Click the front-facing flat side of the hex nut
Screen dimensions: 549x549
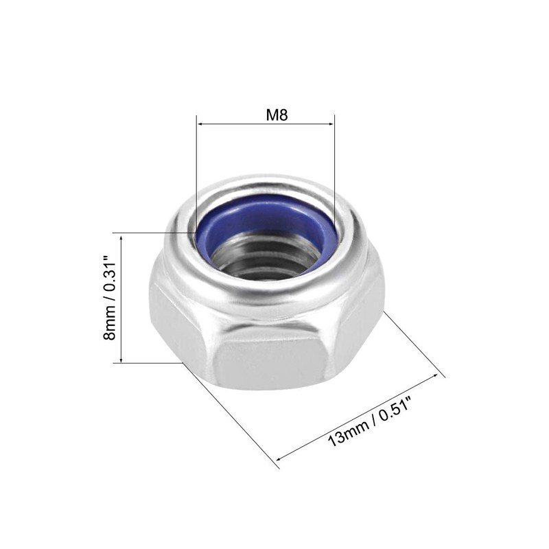(271, 364)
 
